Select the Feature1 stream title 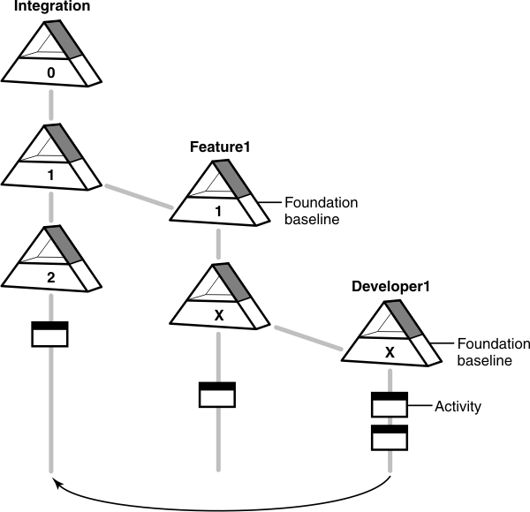pos(220,147)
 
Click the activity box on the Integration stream pos(49,335)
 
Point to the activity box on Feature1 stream pos(217,395)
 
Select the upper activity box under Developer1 pos(389,404)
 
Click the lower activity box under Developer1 pos(389,436)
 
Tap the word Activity pos(458,407)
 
